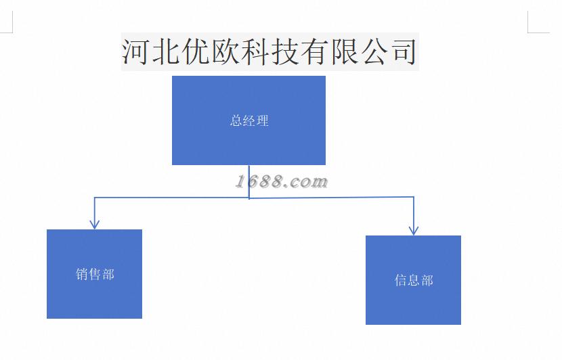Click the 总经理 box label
(x=249, y=121)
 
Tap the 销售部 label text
(x=95, y=274)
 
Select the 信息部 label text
(x=414, y=280)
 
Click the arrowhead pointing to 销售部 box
(x=95, y=223)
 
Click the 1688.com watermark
(x=282, y=181)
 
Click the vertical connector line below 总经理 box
(x=249, y=181)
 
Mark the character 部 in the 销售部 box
(x=108, y=274)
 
